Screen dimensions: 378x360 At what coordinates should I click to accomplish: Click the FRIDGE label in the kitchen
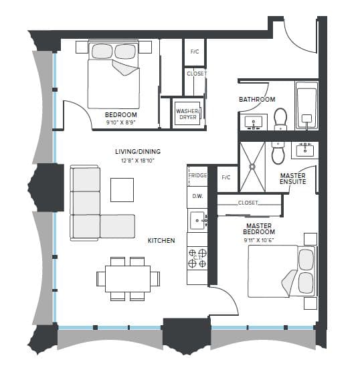pos(197,175)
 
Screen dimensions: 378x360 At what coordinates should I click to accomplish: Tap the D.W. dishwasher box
pos(197,196)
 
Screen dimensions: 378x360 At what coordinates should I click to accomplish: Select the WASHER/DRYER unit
pos(187,114)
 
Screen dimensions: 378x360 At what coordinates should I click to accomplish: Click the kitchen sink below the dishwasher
pos(197,218)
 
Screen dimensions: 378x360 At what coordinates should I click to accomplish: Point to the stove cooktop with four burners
pos(197,258)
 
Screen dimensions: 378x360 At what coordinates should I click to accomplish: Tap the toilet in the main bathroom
pos(280,118)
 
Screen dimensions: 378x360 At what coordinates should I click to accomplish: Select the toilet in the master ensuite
pos(280,153)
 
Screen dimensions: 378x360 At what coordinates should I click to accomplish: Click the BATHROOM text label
pos(257,100)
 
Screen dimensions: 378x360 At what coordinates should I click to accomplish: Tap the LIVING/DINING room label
pos(138,151)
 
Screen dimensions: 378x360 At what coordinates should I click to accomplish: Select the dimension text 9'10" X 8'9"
pos(121,123)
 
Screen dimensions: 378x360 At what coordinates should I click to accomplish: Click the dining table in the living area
pos(127,277)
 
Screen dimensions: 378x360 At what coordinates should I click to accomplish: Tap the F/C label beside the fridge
pos(226,177)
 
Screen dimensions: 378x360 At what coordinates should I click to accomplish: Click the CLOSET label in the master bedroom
pos(248,202)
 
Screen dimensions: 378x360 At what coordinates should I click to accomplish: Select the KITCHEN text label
pos(161,240)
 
